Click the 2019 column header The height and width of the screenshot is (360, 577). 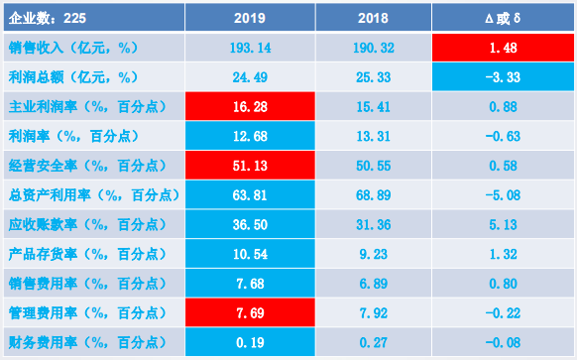(x=250, y=18)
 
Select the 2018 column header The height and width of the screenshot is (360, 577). (x=373, y=18)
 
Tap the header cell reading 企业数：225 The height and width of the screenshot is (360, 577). (x=94, y=18)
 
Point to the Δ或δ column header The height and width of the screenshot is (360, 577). (x=503, y=18)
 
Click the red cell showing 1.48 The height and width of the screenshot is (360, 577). (x=503, y=48)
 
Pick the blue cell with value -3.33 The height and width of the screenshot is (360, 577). (x=503, y=77)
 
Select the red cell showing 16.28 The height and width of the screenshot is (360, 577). (x=250, y=106)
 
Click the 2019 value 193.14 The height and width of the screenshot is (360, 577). (x=250, y=48)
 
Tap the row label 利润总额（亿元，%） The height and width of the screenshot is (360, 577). (x=73, y=77)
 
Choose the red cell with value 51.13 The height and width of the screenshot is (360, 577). (x=250, y=166)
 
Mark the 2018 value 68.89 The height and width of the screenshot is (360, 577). (x=373, y=195)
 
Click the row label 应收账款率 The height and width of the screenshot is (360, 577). (x=43, y=224)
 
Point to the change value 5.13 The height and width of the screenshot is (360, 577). (x=503, y=224)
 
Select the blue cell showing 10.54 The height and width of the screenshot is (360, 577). (x=250, y=254)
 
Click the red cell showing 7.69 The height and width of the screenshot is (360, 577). (x=250, y=312)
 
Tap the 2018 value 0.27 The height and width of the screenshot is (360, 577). (x=373, y=343)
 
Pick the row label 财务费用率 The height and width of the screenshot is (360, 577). (x=43, y=343)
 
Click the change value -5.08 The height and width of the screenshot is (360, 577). (x=503, y=195)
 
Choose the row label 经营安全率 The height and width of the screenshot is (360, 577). (x=43, y=166)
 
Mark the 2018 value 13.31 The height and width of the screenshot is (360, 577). (x=373, y=136)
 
